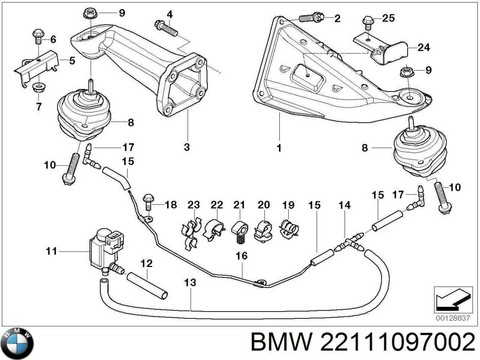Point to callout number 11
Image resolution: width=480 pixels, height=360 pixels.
[52, 251]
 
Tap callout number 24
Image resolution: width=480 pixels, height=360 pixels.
[424, 47]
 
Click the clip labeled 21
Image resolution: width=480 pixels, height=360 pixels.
[240, 232]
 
